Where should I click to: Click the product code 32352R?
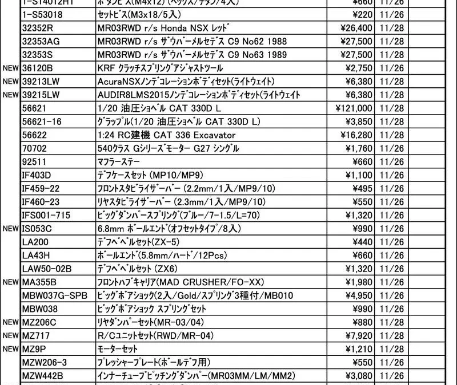tap(37, 28)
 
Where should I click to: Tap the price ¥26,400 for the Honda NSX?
tap(358, 28)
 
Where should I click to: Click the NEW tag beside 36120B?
tap(11, 68)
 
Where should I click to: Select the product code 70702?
tap(34, 148)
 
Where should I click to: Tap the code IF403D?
tap(36, 175)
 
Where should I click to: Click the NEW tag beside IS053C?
tap(11, 228)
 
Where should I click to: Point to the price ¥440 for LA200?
tap(363, 241)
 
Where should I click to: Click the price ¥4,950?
tap(360, 295)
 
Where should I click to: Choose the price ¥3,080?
tap(360, 375)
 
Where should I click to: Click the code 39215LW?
tap(41, 95)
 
